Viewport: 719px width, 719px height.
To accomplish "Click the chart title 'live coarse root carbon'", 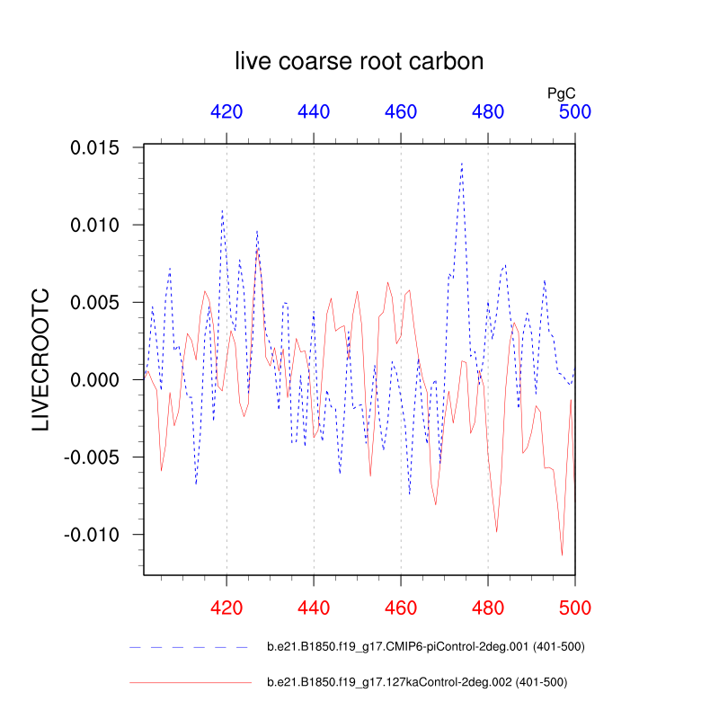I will [359, 61].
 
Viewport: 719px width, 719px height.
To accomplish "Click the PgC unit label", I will [562, 92].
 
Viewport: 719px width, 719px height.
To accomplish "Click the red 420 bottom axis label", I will [226, 608].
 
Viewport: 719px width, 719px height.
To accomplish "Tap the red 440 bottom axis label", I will [314, 608].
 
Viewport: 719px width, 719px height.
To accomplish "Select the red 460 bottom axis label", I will [401, 608].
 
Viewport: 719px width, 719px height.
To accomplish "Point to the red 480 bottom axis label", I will [488, 608].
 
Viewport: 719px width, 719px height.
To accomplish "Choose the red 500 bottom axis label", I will [575, 608].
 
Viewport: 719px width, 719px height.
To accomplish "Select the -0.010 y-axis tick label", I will [96, 534].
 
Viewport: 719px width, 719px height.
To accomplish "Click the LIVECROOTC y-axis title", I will [41, 359].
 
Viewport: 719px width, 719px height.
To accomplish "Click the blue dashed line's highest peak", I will [462, 164].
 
